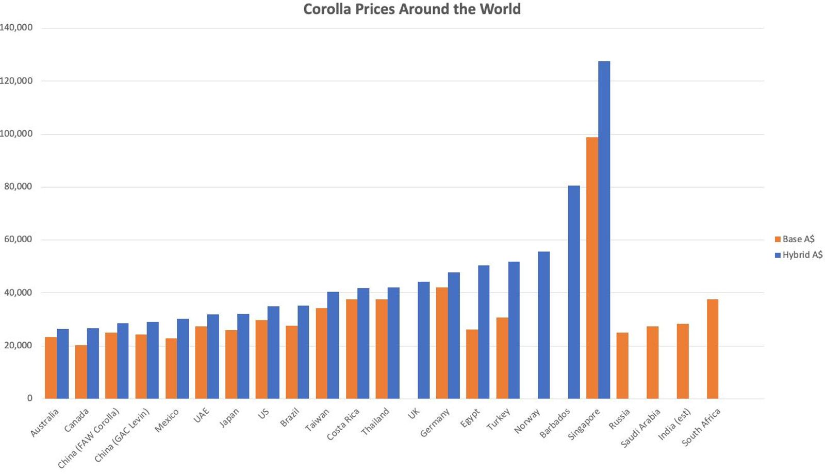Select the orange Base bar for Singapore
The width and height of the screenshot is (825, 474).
592,268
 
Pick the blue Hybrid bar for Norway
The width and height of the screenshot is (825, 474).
543,325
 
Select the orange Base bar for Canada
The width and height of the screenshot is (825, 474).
81,371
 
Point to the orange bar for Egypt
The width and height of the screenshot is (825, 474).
472,364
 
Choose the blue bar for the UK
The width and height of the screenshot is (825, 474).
423,340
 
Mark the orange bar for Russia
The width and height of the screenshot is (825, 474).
622,365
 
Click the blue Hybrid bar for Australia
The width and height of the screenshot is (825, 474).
63,364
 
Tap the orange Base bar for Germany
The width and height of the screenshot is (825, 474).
442,343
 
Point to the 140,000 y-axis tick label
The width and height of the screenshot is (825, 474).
16,28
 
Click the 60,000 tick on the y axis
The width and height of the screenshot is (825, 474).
19,240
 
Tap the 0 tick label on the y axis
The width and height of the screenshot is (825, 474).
29,398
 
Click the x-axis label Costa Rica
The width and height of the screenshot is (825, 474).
343,425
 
